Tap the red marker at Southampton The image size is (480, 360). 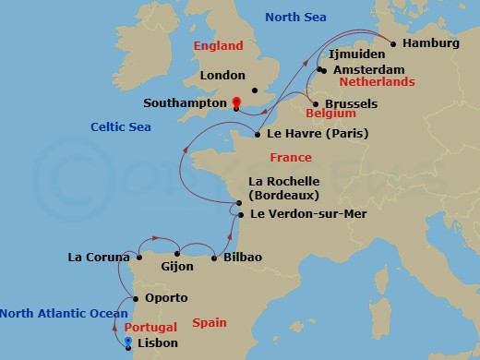coord(236,102)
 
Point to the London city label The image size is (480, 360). coord(222,76)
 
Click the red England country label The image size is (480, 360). coord(219,46)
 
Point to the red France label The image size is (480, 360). coord(291,158)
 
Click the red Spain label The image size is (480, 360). coord(210,322)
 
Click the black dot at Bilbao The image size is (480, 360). coord(213,257)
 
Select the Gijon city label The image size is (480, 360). coord(177,267)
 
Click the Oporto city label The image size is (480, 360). coord(166,298)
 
